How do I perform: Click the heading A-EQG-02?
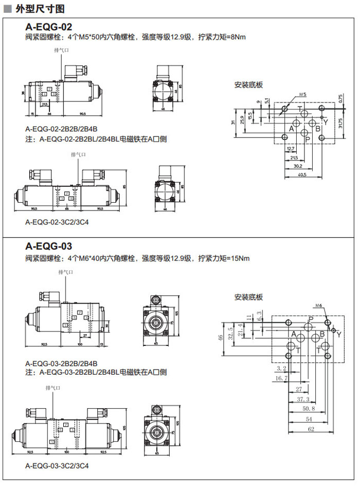click(49, 26)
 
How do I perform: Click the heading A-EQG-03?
click(49, 246)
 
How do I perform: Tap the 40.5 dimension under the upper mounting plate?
click(301, 175)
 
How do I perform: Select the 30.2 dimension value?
click(297, 166)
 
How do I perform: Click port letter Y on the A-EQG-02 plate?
click(325, 121)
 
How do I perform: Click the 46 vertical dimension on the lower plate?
click(221, 337)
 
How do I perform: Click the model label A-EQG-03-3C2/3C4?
click(57, 466)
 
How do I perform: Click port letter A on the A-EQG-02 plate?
click(291, 129)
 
